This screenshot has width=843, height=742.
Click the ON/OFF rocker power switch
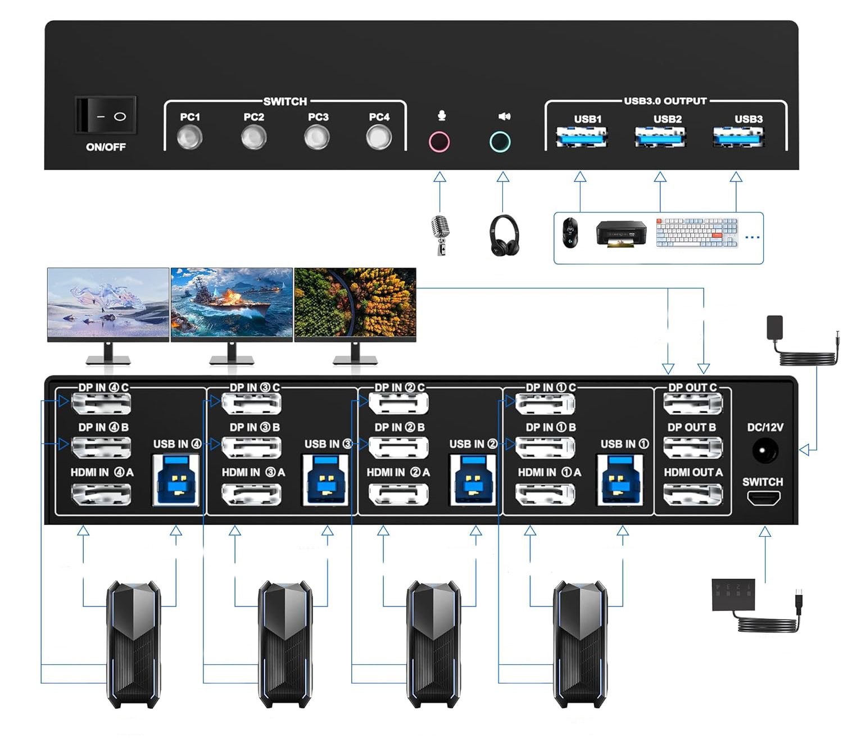(x=106, y=116)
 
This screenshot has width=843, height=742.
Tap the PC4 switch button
(x=379, y=137)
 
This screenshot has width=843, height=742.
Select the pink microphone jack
(x=439, y=142)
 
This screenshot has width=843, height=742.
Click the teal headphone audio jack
(x=500, y=142)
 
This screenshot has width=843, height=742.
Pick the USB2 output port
(x=660, y=137)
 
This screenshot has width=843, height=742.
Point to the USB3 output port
(x=738, y=137)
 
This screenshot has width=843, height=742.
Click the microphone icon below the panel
(x=439, y=234)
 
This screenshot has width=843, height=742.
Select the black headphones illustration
(x=504, y=236)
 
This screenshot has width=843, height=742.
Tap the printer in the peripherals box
(x=620, y=234)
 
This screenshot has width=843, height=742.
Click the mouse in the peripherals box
(x=570, y=233)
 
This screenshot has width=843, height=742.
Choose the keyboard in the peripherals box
(x=697, y=233)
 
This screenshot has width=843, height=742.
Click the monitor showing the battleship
(x=232, y=304)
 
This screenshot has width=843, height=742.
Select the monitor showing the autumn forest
(x=355, y=304)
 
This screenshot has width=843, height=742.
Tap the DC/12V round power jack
(x=765, y=451)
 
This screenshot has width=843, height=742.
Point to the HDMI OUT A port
(x=692, y=495)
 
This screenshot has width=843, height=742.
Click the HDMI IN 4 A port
(x=101, y=495)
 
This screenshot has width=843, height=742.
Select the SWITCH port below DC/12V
(x=764, y=498)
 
